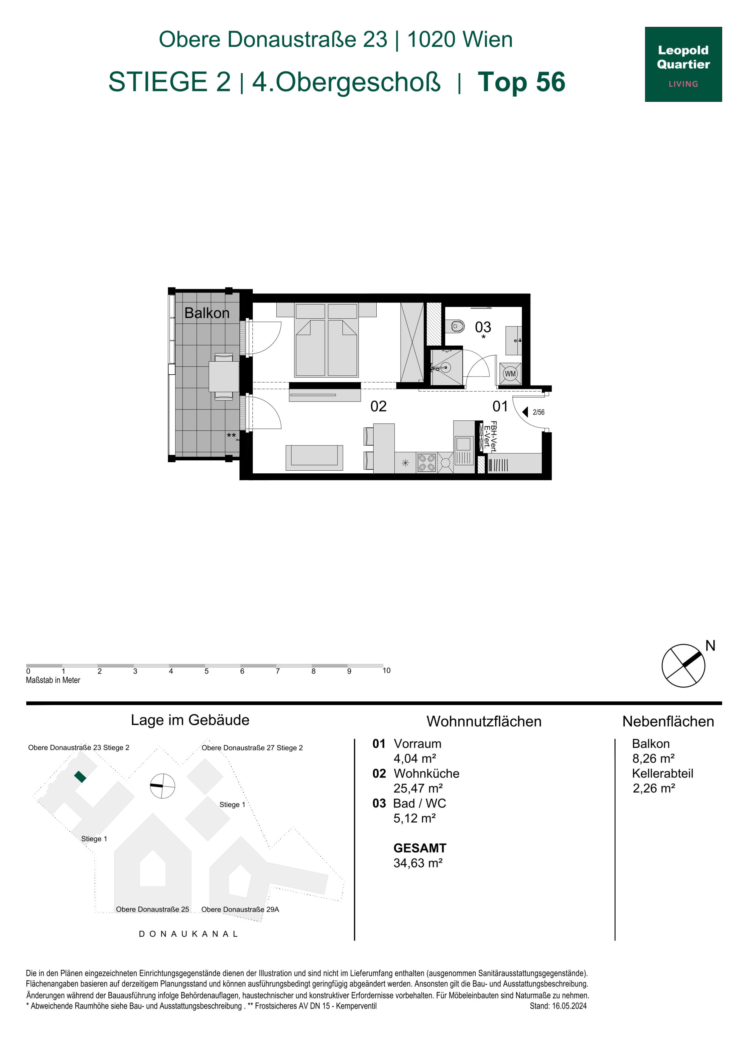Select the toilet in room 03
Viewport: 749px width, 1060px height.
tap(457, 327)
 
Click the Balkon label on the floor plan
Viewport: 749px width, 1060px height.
tap(207, 313)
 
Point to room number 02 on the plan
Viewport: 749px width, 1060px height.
tap(378, 406)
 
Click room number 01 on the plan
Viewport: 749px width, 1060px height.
tap(500, 406)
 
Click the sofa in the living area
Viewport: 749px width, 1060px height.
tap(314, 458)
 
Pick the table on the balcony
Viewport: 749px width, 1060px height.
tap(224, 377)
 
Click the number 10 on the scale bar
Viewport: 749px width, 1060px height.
tap(386, 670)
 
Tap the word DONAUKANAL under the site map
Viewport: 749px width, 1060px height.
tap(188, 934)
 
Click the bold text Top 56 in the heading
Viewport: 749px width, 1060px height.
tap(522, 82)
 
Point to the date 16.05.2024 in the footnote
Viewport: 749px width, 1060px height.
tap(569, 1006)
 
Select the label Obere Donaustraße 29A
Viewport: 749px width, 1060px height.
tap(240, 909)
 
